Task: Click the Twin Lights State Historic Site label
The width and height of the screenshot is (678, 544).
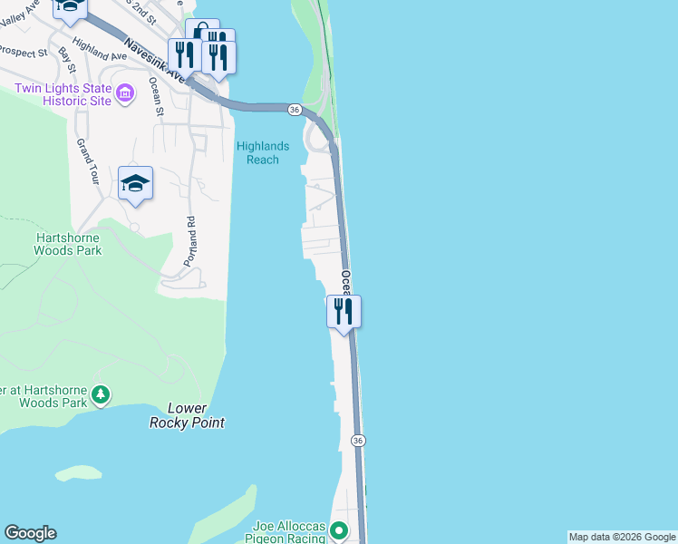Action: tap(63, 94)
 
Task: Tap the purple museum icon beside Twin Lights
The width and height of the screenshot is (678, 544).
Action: tap(126, 91)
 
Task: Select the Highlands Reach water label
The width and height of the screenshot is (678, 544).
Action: tap(263, 152)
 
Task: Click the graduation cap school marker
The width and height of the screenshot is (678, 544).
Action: tap(136, 183)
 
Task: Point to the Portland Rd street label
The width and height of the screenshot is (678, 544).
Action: tap(189, 240)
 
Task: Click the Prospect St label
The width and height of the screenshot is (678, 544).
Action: tap(24, 53)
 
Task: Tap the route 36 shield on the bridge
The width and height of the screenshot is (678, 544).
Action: tap(295, 109)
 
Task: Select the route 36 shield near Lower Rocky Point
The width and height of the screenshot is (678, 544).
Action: tap(359, 441)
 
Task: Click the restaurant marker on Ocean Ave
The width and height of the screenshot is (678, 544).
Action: tap(344, 311)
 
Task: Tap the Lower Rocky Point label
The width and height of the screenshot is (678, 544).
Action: tap(188, 415)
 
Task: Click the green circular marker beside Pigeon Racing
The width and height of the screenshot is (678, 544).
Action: tap(340, 530)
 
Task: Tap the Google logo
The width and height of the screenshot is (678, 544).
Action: tap(30, 533)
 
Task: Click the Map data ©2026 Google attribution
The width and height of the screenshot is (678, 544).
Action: tap(622, 537)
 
